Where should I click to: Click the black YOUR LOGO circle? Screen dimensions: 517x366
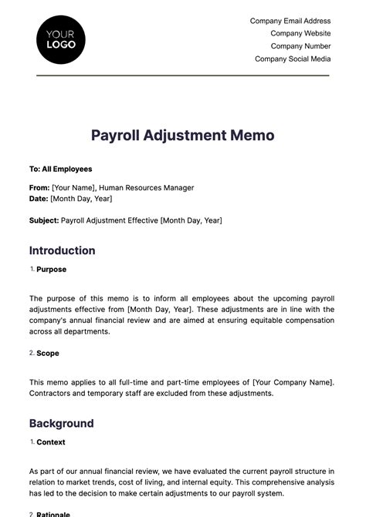pyautogui.click(x=61, y=39)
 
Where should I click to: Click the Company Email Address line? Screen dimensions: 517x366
pyautogui.click(x=290, y=21)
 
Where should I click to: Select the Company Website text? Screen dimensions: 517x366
pyautogui.click(x=300, y=33)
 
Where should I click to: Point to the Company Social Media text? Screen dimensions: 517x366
pyautogui.click(x=293, y=59)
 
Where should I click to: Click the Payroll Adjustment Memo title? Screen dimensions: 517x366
pyautogui.click(x=183, y=136)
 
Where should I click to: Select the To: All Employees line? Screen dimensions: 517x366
pyautogui.click(x=60, y=169)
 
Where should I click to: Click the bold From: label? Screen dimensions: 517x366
pyautogui.click(x=39, y=187)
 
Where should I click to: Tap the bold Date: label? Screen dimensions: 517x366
pyautogui.click(x=39, y=198)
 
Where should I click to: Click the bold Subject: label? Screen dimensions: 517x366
pyautogui.click(x=44, y=220)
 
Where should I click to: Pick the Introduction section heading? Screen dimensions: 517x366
pyautogui.click(x=63, y=250)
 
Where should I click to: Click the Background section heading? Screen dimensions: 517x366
pyautogui.click(x=62, y=423)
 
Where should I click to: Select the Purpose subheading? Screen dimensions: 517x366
pyautogui.click(x=51, y=270)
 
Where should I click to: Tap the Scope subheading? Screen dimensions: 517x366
pyautogui.click(x=48, y=353)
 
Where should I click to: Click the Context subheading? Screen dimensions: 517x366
pyautogui.click(x=51, y=442)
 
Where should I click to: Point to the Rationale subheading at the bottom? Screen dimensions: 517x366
pyautogui.click(x=53, y=514)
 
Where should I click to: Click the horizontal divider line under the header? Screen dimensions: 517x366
pyautogui.click(x=183, y=76)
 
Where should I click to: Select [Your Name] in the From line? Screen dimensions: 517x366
pyautogui.click(x=73, y=187)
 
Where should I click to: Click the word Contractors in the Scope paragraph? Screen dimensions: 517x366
pyautogui.click(x=53, y=393)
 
